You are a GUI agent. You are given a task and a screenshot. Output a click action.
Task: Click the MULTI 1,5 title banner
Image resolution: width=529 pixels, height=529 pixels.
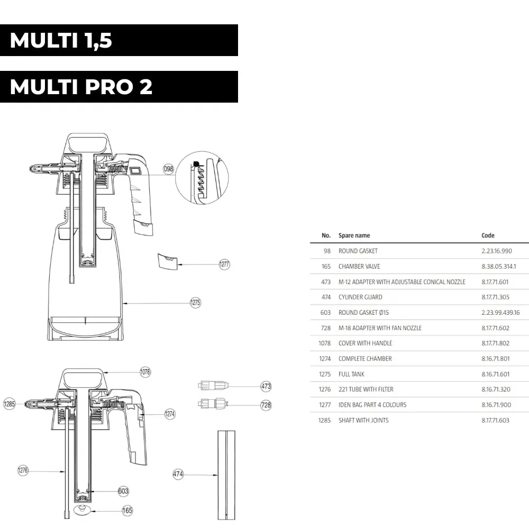coord(119,40)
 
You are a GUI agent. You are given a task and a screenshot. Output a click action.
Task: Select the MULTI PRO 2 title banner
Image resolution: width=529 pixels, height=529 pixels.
coord(119,87)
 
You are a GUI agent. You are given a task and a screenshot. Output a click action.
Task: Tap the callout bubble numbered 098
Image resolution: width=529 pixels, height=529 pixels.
coord(168,169)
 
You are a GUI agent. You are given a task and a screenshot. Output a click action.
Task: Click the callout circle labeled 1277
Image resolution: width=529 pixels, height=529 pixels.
coord(224,264)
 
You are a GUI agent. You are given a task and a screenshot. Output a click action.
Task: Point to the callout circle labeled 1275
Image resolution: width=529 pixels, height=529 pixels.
coord(196,303)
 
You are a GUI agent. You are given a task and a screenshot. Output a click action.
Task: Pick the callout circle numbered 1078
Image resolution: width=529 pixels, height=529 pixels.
coord(145,372)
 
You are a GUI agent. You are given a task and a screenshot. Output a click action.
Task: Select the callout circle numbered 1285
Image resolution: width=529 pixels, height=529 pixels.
coord(10,404)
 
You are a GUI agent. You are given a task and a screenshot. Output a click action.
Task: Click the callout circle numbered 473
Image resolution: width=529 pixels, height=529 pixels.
coord(266,386)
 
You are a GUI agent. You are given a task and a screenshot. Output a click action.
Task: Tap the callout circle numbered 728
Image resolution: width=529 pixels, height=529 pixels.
coord(266,405)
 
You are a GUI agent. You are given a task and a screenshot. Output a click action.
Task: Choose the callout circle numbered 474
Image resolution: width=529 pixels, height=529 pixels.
coord(178,475)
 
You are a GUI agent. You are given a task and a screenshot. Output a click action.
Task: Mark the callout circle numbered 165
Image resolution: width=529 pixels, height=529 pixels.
coord(127,510)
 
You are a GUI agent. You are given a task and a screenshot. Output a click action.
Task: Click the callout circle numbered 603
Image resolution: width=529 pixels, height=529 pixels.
coord(123,491)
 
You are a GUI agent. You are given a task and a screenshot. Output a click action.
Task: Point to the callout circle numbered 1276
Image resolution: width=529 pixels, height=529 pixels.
coord(23,470)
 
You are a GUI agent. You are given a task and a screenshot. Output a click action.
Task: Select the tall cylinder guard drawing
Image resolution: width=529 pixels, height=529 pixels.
coord(226,475)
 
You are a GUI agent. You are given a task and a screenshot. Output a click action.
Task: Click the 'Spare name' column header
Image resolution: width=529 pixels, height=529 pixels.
coord(354,235)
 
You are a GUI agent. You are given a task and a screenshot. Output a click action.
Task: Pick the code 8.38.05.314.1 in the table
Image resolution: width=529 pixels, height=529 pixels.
coord(498,266)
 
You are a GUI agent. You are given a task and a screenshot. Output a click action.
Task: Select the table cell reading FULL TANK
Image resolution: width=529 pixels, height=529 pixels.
coord(351,374)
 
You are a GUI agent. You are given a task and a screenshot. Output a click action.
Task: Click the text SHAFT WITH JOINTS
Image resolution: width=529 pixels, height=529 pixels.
coord(363,420)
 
